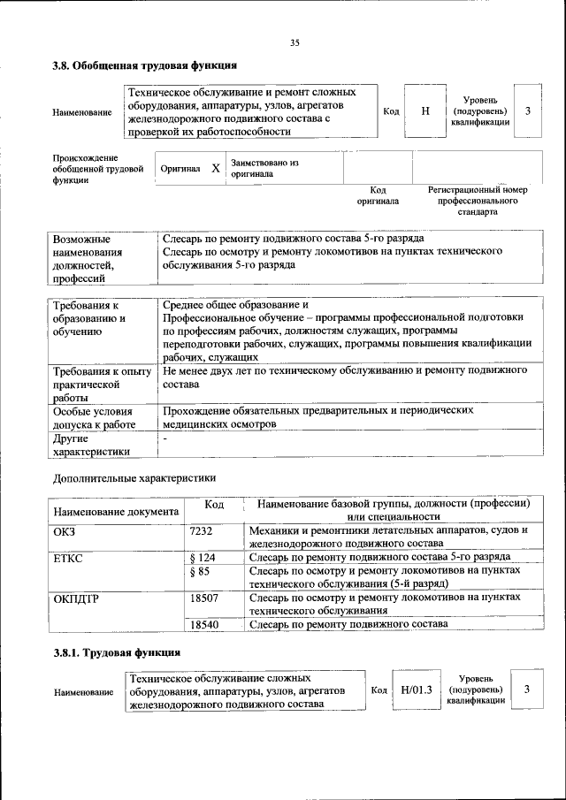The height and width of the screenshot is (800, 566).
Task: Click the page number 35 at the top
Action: [294, 42]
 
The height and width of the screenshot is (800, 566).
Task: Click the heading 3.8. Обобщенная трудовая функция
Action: [144, 66]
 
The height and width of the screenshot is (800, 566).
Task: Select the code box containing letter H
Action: [424, 111]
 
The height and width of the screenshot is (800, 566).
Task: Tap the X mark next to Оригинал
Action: [215, 168]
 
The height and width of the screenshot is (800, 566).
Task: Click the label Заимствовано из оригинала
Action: [264, 169]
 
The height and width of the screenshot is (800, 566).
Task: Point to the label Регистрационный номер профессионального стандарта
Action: [478, 201]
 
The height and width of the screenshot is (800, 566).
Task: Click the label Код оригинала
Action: [378, 195]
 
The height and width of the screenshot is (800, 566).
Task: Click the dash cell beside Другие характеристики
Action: [164, 438]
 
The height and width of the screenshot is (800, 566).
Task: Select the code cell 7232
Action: [203, 530]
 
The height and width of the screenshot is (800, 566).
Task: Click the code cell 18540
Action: [207, 624]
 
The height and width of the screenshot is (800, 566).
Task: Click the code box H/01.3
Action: [415, 690]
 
